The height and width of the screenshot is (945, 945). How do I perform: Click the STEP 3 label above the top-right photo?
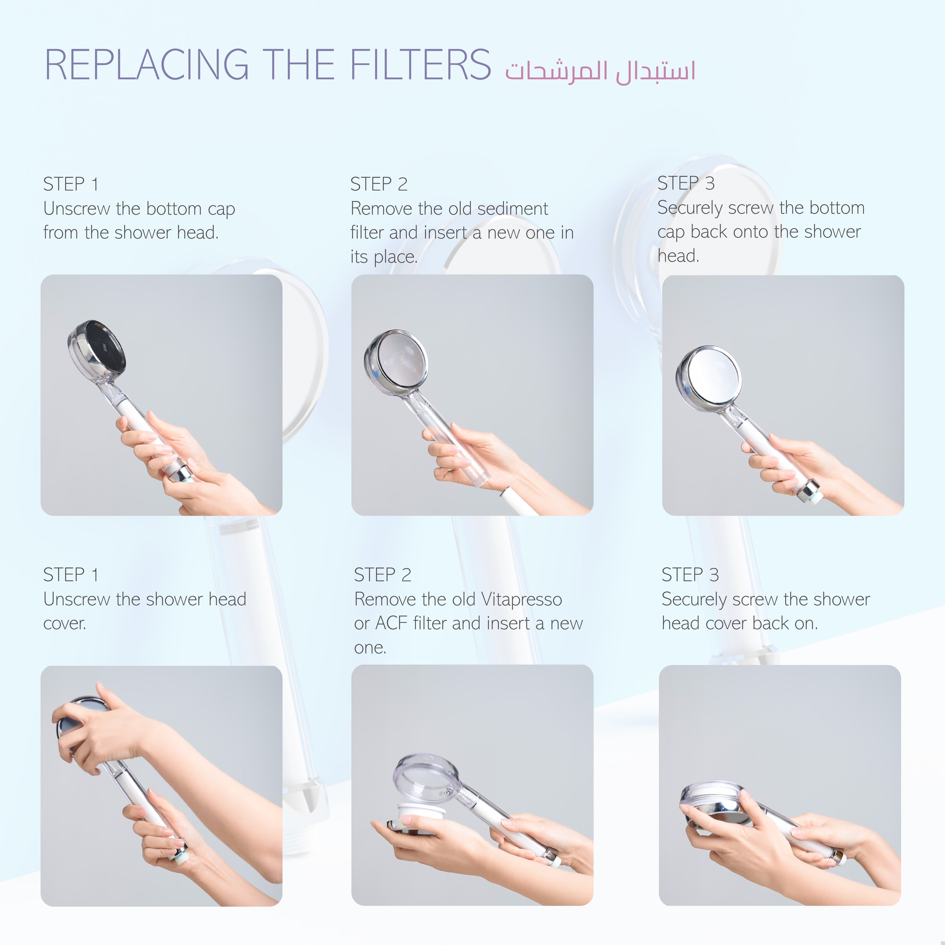(x=686, y=183)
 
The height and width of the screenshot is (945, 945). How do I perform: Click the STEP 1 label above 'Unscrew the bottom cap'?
(x=71, y=184)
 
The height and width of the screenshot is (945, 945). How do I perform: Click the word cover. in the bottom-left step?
(x=64, y=624)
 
